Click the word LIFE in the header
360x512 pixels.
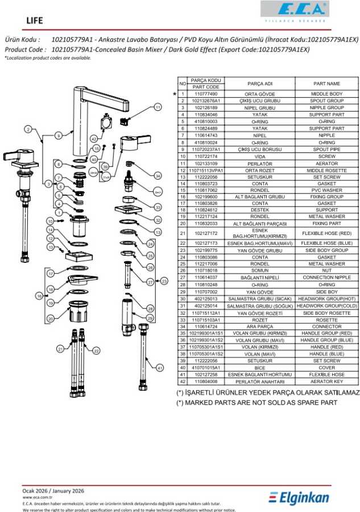click(x=35, y=20)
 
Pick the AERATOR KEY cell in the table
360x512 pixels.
click(x=326, y=382)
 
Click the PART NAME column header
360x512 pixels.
click(x=326, y=84)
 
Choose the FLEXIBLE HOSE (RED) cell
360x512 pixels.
click(x=326, y=233)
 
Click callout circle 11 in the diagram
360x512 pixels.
click(x=158, y=107)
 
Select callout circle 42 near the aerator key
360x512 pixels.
click(x=93, y=139)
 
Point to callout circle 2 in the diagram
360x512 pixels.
click(x=28, y=130)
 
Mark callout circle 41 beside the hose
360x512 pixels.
click(x=160, y=368)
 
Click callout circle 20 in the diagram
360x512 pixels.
click(x=51, y=319)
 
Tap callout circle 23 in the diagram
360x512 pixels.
click(x=164, y=280)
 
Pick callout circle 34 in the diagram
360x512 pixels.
click(x=158, y=176)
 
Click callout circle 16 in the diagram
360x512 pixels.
click(x=39, y=296)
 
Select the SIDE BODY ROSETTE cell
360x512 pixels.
click(x=326, y=313)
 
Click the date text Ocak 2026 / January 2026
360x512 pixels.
click(x=53, y=490)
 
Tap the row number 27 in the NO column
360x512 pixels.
click(x=183, y=277)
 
